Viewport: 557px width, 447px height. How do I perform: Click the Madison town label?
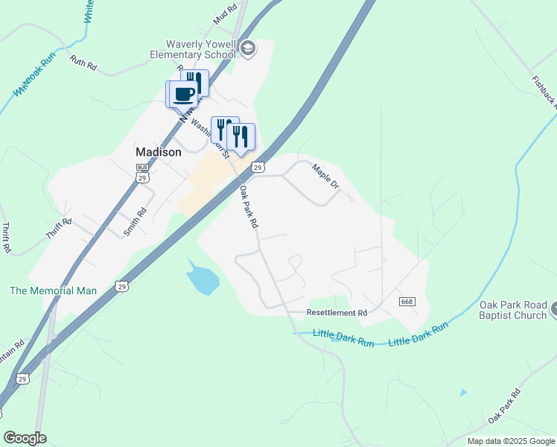click(x=158, y=152)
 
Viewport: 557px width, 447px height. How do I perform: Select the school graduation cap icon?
click(x=248, y=49)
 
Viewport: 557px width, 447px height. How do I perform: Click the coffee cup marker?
click(x=183, y=94)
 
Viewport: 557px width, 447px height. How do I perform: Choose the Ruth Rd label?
click(x=83, y=63)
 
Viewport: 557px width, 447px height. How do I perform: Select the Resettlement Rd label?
click(x=337, y=313)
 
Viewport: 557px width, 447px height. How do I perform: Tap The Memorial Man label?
click(x=53, y=291)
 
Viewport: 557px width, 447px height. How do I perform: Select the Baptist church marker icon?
click(x=554, y=309)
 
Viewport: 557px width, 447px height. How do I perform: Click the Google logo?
click(x=25, y=438)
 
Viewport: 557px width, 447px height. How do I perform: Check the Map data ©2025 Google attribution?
click(x=511, y=441)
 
